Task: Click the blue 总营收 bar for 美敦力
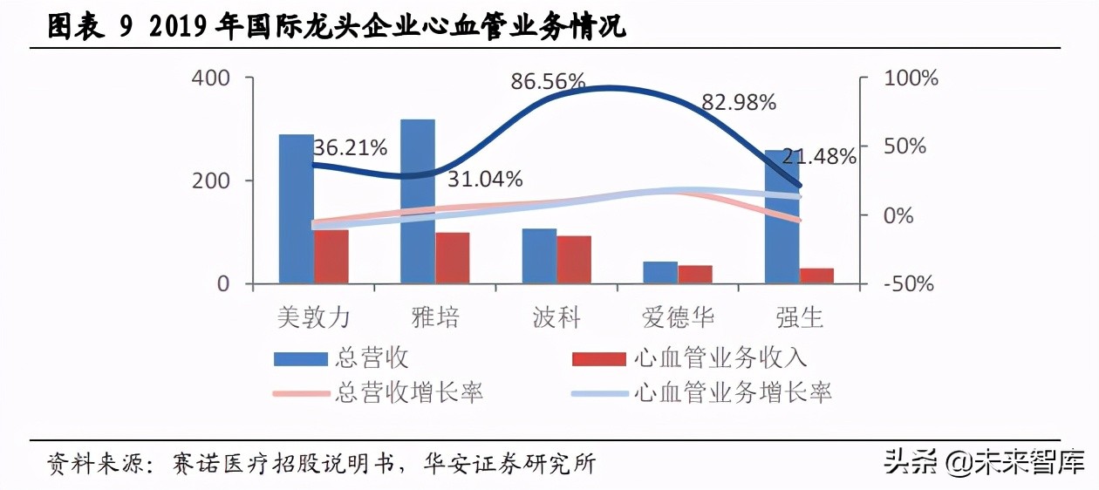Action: point(296,209)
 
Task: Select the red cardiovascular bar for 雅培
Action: point(452,258)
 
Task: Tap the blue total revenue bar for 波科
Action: point(539,256)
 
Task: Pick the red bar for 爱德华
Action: point(695,274)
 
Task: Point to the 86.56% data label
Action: point(548,83)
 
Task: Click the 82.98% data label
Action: point(739,103)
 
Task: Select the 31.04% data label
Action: point(485,180)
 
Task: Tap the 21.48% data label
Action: point(818,157)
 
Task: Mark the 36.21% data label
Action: point(350,148)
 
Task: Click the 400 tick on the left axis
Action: point(212,78)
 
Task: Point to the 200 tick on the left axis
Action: point(212,181)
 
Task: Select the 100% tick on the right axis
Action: point(909,78)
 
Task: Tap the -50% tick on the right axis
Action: point(907,284)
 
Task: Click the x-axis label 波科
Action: point(556,317)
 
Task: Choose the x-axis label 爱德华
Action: point(678,317)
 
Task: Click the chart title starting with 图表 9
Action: point(336,28)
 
